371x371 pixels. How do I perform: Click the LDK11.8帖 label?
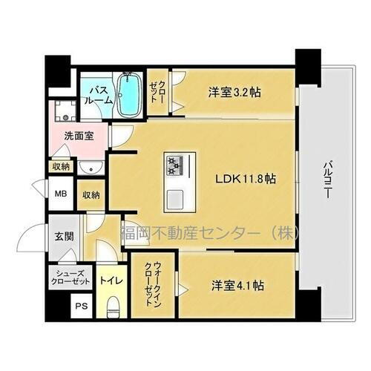pyautogui.click(x=246, y=179)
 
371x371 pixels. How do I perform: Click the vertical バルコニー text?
pyautogui.click(x=326, y=182)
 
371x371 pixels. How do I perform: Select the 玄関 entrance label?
pyautogui.click(x=63, y=237)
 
